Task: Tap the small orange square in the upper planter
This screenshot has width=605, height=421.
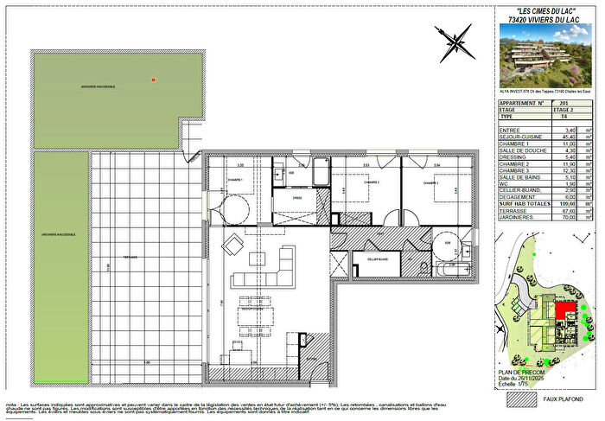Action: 153,79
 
